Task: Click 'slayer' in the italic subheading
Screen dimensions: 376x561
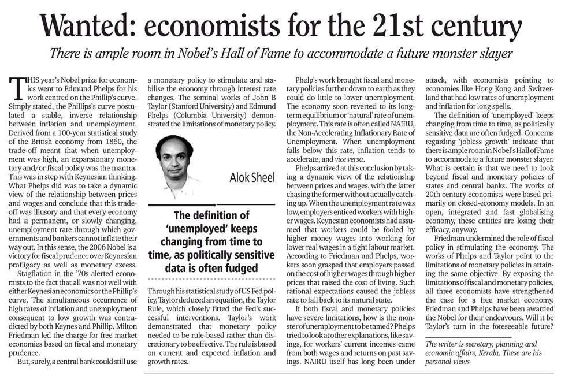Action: tap(497, 54)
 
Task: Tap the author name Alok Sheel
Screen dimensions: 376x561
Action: tap(252, 177)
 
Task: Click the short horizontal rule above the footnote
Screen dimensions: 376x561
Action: tap(460, 337)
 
